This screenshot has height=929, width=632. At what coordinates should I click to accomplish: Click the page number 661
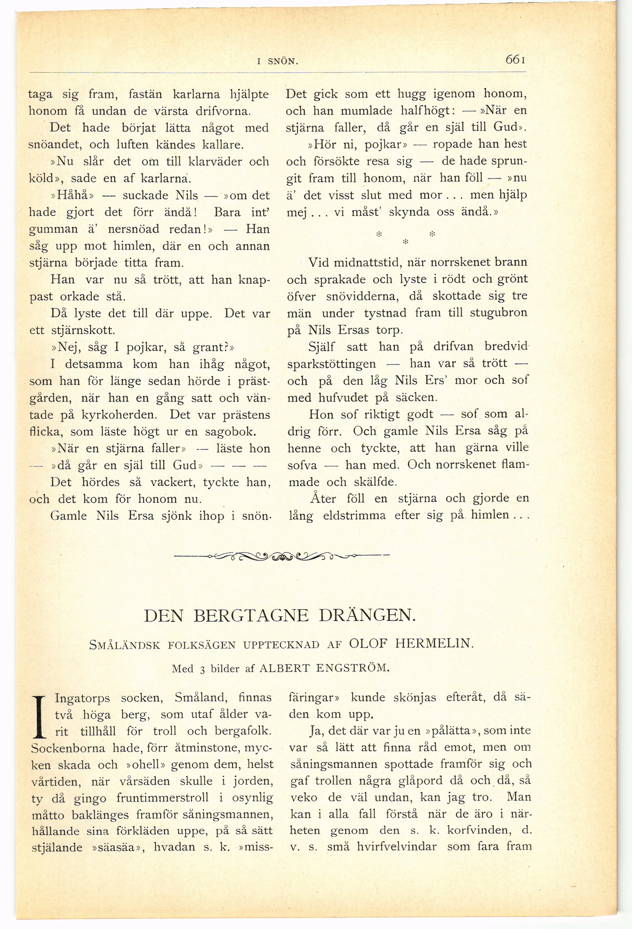515,60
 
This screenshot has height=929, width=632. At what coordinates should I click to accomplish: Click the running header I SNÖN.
278,62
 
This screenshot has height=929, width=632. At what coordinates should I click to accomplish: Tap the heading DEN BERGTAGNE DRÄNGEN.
280,615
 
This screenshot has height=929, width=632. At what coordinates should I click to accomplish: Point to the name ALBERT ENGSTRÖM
324,668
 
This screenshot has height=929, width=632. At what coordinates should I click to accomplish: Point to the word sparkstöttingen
331,364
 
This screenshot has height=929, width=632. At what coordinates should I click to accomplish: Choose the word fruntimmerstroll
162,798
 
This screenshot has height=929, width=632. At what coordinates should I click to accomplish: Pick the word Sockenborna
68,748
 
